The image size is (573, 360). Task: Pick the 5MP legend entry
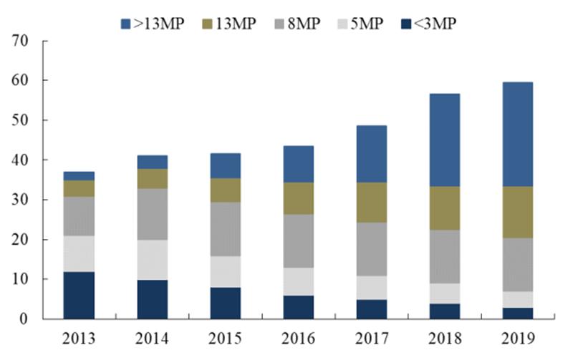pyautogui.click(x=357, y=23)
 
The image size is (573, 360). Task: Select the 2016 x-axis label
pyautogui.click(x=297, y=338)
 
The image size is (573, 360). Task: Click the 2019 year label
pyautogui.click(x=516, y=338)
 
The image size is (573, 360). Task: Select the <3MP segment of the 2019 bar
pyautogui.click(x=516, y=313)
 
